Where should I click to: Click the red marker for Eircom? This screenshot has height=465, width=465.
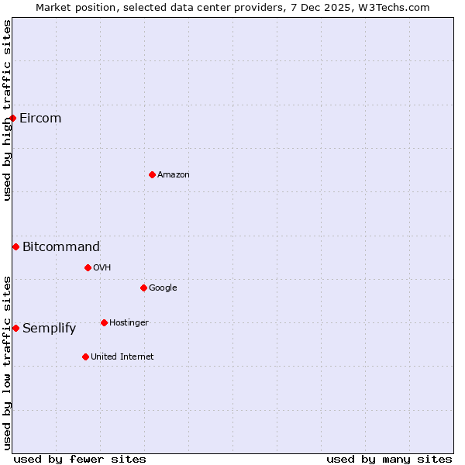pos(13,118)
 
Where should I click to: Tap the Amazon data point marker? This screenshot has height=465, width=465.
pos(152,174)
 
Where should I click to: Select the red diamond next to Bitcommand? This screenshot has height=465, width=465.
pos(15,246)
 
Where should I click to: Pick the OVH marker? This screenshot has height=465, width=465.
pos(88,267)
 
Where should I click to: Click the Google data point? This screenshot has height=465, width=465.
pos(143,288)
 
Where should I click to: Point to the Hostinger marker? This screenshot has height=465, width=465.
pos(104,322)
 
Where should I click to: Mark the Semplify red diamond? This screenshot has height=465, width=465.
pos(15,328)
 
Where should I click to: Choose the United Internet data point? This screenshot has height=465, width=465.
pos(85,356)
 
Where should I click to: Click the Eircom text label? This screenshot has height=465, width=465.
pos(40,118)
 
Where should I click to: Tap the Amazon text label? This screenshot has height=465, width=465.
pos(174,174)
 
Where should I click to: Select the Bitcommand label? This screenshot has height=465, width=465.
pos(61,246)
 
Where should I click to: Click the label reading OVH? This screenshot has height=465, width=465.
pos(102,267)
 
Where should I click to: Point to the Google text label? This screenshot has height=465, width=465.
pos(163,288)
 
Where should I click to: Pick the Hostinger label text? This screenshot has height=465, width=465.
pos(129,322)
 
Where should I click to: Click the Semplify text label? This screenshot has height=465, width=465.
pos(50,328)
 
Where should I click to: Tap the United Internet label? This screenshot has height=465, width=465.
pos(122,356)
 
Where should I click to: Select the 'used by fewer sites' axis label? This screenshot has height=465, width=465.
pos(80,459)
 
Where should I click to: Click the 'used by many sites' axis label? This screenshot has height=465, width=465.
pos(389,459)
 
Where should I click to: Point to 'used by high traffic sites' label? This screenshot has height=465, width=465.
pos(7,110)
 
